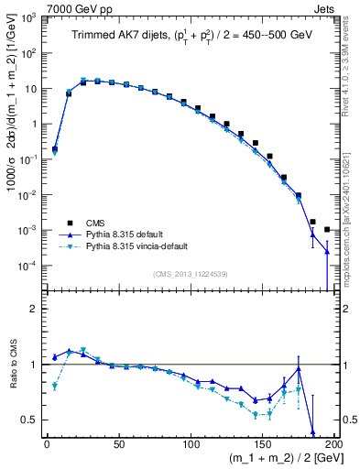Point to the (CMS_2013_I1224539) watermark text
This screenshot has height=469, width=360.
click(x=190, y=272)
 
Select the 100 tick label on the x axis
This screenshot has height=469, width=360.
click(x=191, y=444)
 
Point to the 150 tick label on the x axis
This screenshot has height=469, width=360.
click(x=264, y=444)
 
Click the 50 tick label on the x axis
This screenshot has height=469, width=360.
click(x=119, y=444)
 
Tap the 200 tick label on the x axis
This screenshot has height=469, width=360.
click(x=335, y=444)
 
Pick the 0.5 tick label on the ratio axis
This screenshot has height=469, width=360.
click(x=31, y=420)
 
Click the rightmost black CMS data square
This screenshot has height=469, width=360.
click(x=327, y=229)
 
